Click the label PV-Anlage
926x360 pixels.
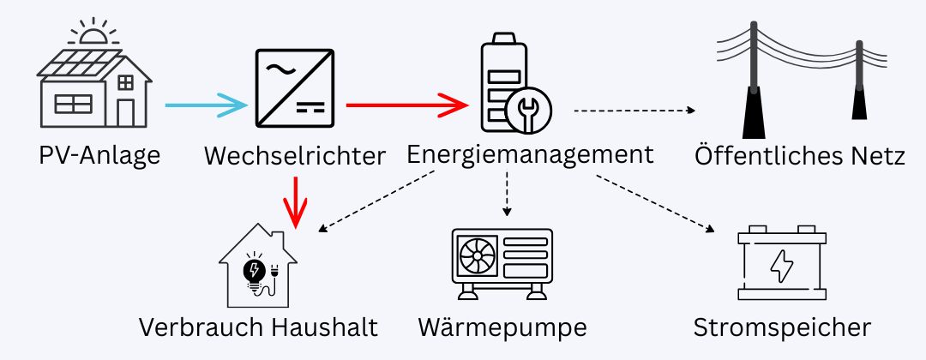click(x=99, y=156)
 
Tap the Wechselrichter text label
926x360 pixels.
click(x=294, y=156)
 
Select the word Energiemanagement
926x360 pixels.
click(x=530, y=154)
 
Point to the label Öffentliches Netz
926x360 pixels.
click(x=799, y=157)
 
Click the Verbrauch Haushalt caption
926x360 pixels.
click(x=259, y=327)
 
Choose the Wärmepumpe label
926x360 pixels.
click(x=502, y=327)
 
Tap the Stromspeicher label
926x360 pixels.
click(x=782, y=327)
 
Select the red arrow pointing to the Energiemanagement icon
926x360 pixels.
click(x=407, y=105)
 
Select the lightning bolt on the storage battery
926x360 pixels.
click(x=781, y=267)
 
